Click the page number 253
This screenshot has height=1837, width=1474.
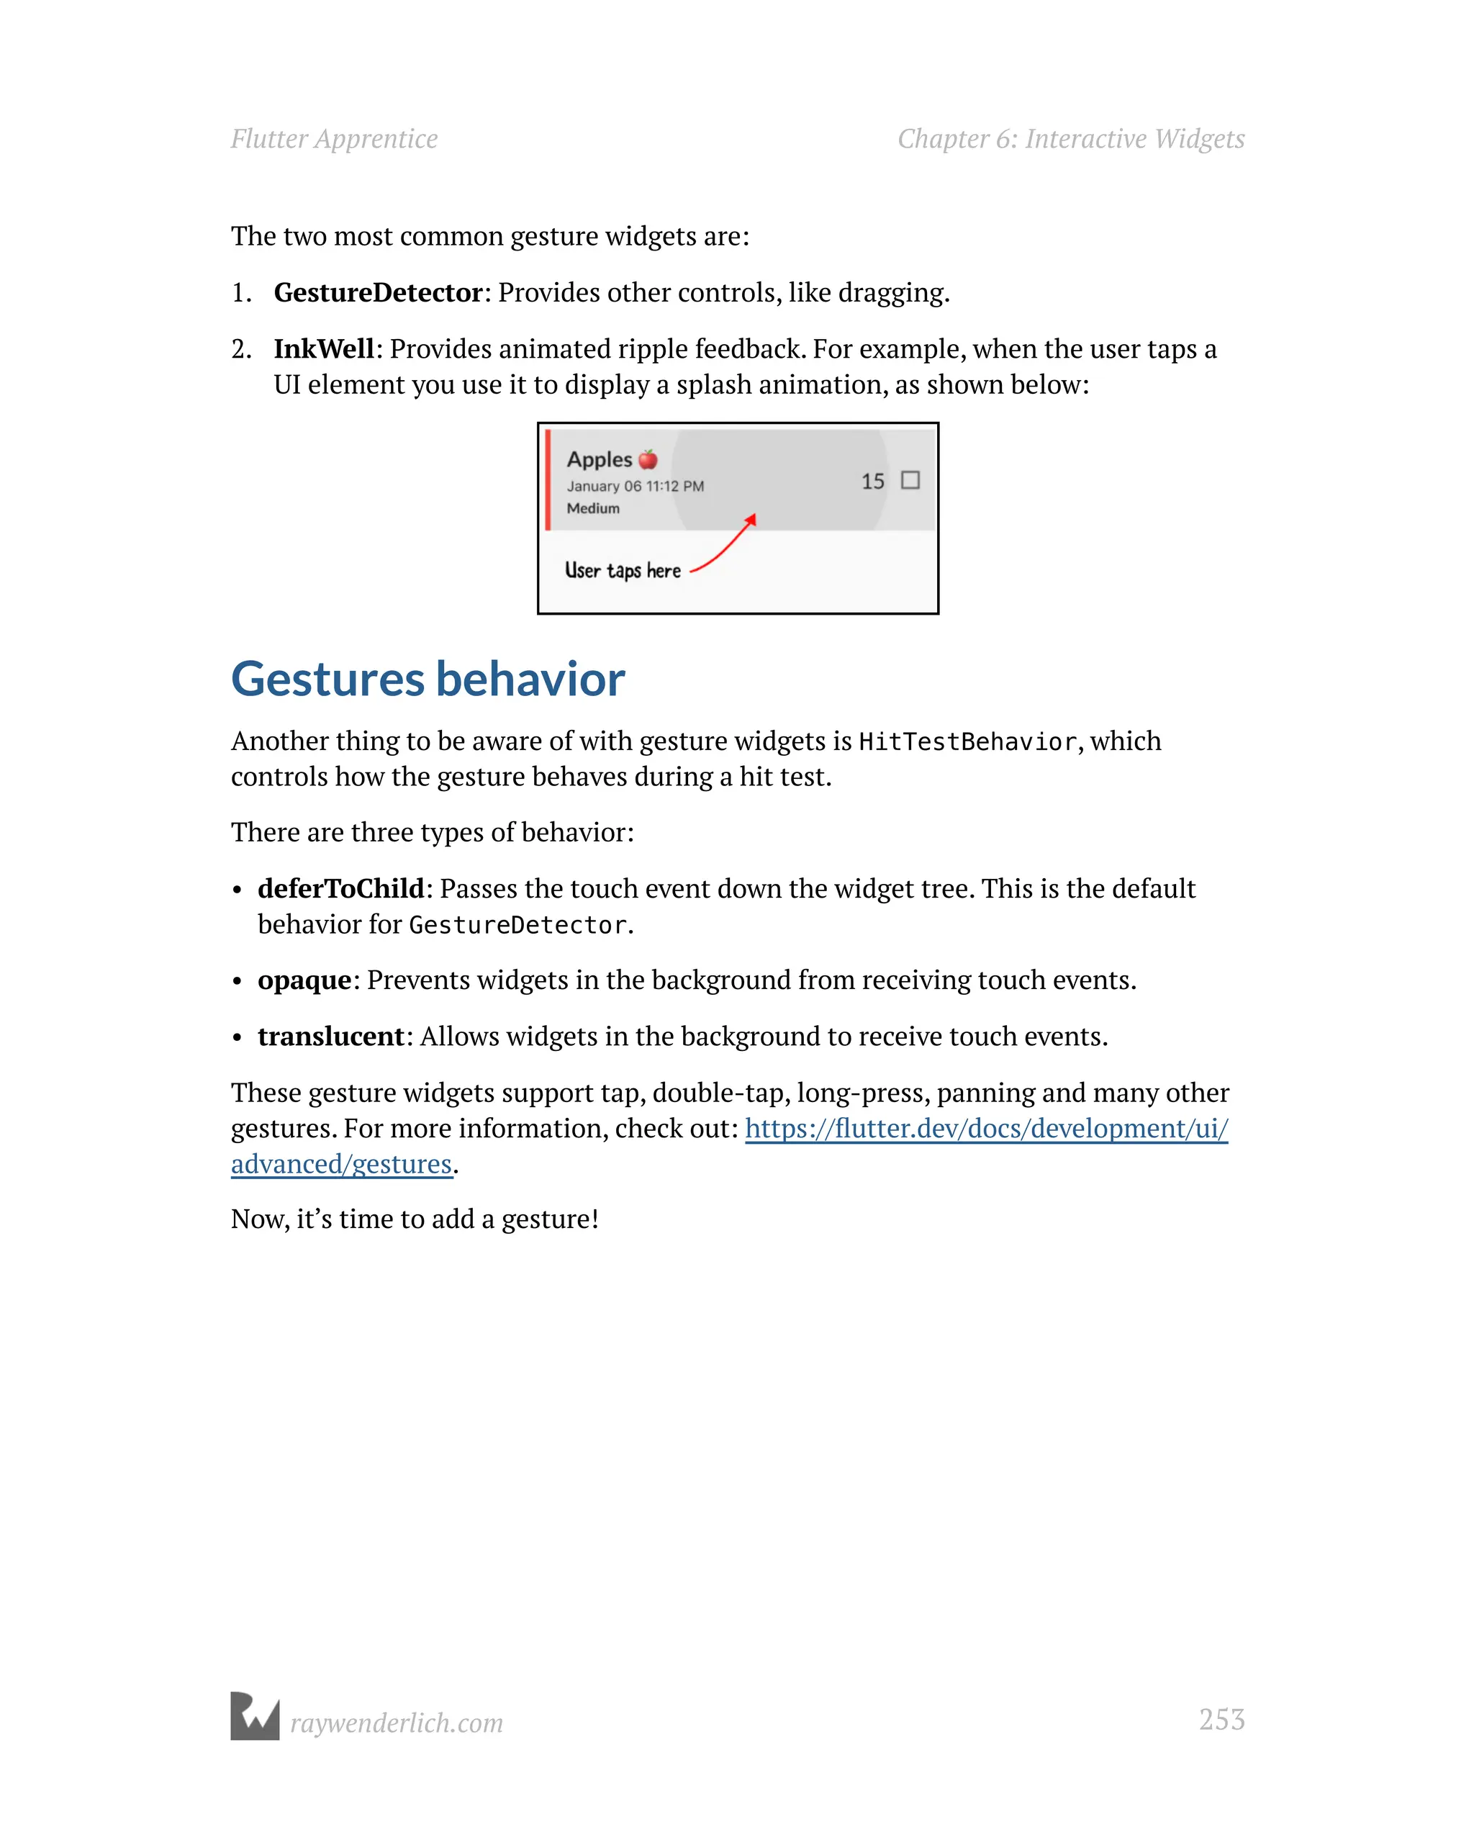tap(1221, 1720)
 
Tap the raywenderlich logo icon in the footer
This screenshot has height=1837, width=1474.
tap(255, 1716)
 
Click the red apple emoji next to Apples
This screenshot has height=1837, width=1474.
tap(648, 459)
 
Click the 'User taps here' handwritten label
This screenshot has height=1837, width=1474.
tap(622, 570)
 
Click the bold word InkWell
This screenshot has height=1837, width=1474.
tap(323, 348)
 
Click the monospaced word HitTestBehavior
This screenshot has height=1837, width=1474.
tap(967, 741)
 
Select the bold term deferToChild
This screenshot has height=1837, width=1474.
tap(341, 889)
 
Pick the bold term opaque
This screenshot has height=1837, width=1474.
tap(304, 980)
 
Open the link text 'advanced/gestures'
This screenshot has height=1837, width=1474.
tap(341, 1164)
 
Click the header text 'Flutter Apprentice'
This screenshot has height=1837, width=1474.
tap(334, 139)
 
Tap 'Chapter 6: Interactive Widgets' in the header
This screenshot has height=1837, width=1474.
tap(1070, 139)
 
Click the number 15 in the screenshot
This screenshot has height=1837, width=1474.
tap(872, 482)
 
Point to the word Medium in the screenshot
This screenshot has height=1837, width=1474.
tap(593, 507)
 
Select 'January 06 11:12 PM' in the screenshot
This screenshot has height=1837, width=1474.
tap(635, 486)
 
